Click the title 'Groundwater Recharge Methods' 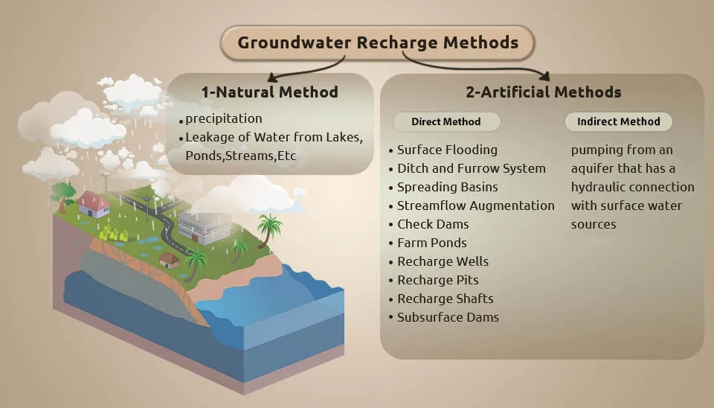click(x=378, y=43)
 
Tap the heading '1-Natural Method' click(x=269, y=92)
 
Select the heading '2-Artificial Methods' click(x=543, y=92)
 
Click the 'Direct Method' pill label click(x=446, y=121)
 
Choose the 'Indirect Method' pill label click(x=618, y=121)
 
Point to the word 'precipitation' click(x=224, y=118)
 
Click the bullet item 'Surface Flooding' click(x=447, y=150)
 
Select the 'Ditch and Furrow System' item click(x=472, y=169)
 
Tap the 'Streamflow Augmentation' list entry click(x=476, y=205)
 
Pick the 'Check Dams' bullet click(x=433, y=224)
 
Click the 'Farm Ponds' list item click(x=432, y=243)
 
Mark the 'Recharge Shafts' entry click(x=446, y=299)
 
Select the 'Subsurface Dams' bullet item click(x=448, y=317)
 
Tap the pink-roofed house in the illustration click(x=94, y=204)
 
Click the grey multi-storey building click(x=204, y=226)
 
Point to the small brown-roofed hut click(x=169, y=261)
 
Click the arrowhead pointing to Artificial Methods click(x=544, y=75)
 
